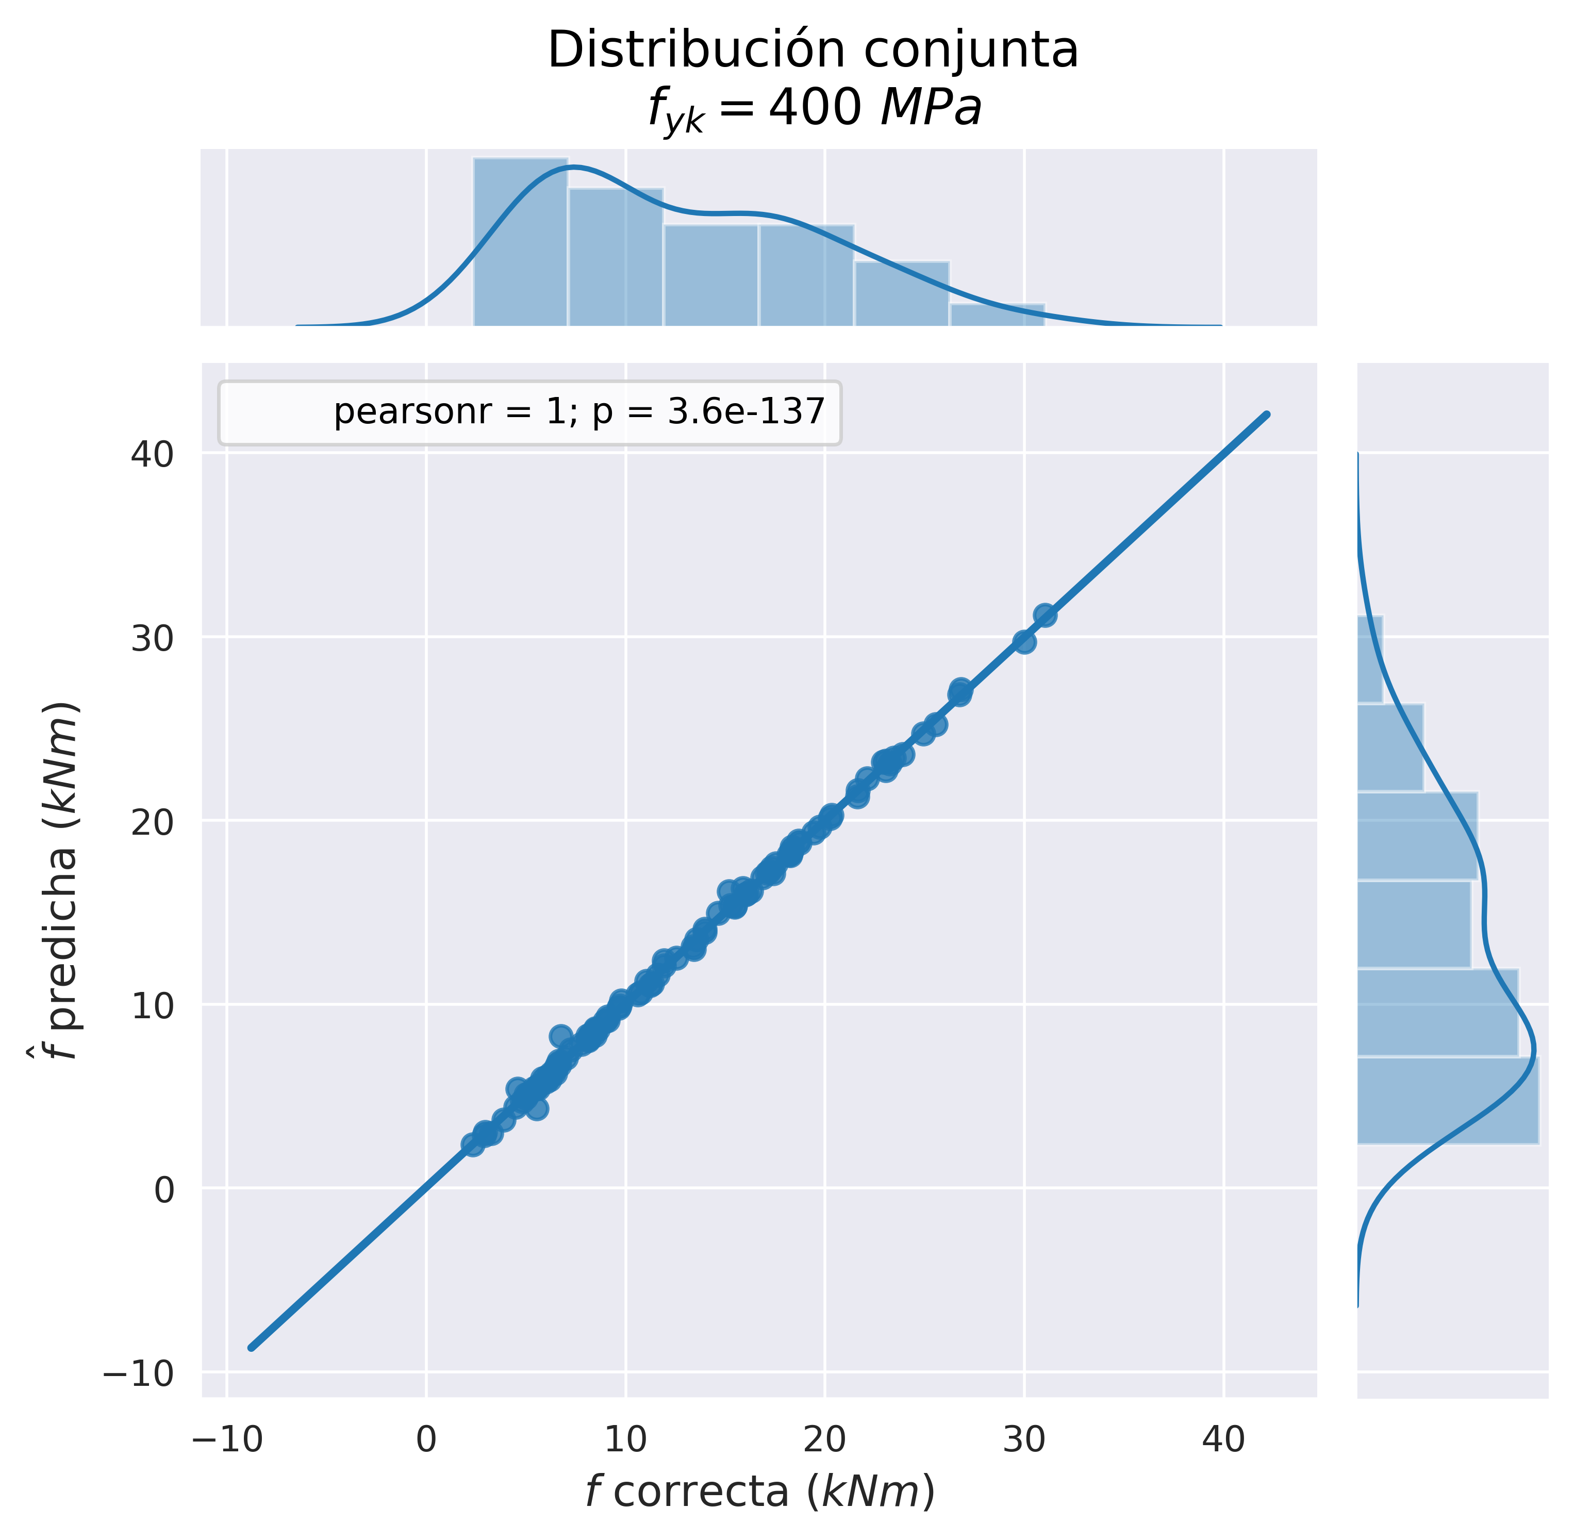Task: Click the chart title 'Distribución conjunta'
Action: [x=813, y=50]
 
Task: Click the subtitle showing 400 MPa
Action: [x=815, y=109]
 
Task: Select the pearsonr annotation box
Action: [x=530, y=412]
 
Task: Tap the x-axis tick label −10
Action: [x=228, y=1439]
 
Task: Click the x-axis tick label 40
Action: [x=1223, y=1439]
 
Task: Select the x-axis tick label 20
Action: [x=824, y=1439]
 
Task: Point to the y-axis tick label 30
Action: [x=152, y=639]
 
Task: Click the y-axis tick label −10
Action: [x=139, y=1374]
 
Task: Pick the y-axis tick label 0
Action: [x=164, y=1190]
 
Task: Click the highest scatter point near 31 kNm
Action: [x=1045, y=615]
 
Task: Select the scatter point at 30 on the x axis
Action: [x=1024, y=641]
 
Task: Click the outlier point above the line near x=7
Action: [x=560, y=1036]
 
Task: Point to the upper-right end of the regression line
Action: [x=1267, y=415]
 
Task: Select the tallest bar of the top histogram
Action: [x=520, y=241]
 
